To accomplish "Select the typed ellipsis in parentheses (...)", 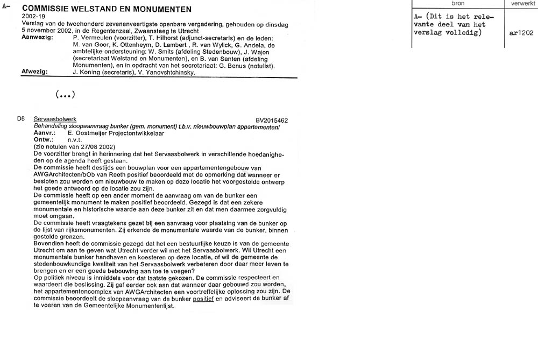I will point(65,94).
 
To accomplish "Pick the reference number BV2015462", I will point(272,121).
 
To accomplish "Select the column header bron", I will point(457,3).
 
